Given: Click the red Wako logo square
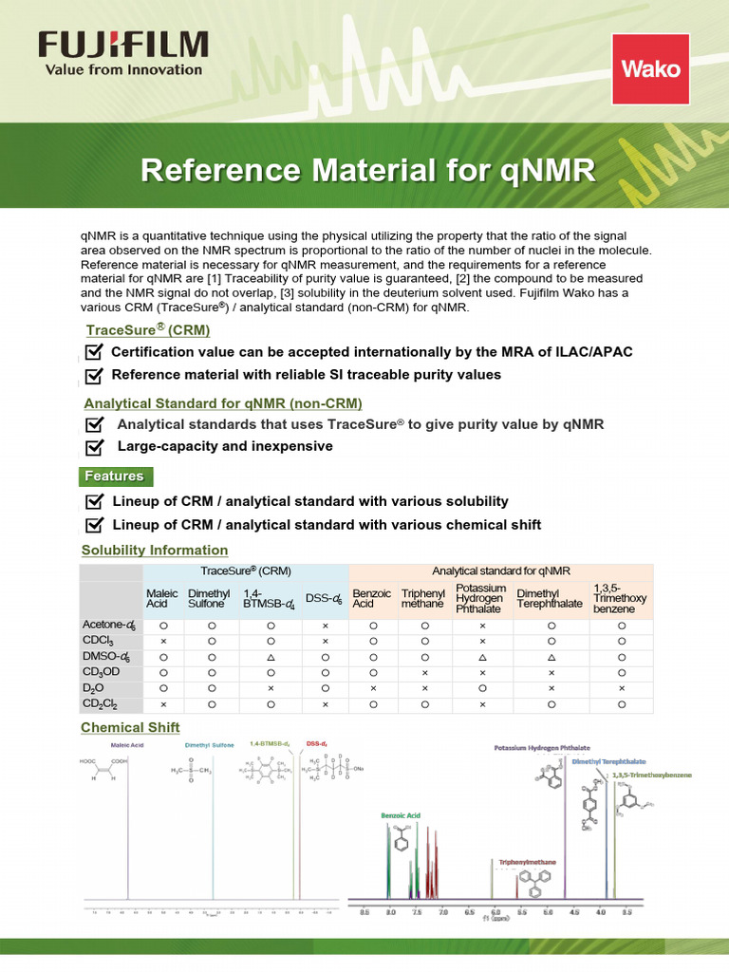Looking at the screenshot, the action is (650, 68).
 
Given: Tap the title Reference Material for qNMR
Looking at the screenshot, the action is (368, 171).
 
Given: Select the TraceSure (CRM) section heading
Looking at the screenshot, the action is (148, 329).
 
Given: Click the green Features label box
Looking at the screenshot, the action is (114, 476).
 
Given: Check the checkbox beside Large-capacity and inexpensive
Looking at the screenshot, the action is (94, 446).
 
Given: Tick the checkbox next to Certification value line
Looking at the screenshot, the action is (94, 352).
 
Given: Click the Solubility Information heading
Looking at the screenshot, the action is (155, 550).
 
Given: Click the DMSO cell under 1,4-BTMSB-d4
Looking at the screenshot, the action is (271, 657).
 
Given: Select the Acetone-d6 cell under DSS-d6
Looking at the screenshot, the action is (325, 626).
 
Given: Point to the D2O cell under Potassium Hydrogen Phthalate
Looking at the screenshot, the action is (482, 687).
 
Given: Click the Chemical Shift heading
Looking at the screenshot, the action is (130, 727).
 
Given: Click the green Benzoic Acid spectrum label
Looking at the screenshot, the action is (400, 815).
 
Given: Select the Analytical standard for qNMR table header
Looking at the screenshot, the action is (501, 570).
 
